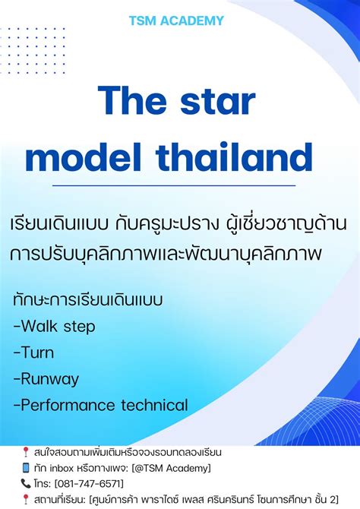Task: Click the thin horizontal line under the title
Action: pos(160,185)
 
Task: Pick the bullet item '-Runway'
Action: pos(46,378)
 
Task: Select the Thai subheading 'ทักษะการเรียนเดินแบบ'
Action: pos(87,299)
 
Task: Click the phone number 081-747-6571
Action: pos(90,483)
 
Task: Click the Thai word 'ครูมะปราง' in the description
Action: pos(194,226)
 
